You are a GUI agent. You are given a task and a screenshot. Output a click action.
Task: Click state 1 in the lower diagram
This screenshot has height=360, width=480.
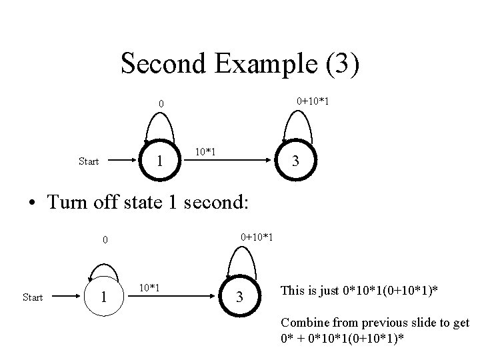[x=102, y=296]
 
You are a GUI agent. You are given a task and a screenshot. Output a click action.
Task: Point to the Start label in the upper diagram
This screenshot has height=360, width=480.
[x=89, y=161]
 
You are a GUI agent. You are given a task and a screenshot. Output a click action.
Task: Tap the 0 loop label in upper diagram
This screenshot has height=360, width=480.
[x=160, y=104]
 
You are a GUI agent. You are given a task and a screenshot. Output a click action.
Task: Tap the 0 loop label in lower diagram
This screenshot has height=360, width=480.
[x=104, y=240]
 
